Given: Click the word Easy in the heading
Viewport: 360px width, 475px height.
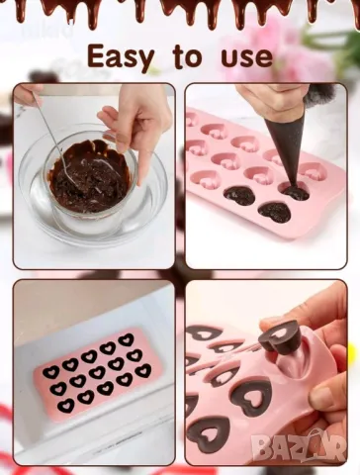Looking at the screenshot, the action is pos(121,58).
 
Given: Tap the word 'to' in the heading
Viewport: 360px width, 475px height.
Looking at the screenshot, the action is pos(187,56).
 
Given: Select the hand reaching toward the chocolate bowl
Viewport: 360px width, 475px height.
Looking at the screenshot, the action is pos(137,126).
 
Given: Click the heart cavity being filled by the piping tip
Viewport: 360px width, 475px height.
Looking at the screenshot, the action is pos(294,193).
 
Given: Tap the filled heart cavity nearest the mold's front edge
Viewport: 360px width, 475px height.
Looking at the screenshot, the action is pos(275,212).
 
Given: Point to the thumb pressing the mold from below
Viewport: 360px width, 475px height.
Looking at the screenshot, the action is pos(326,396).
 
